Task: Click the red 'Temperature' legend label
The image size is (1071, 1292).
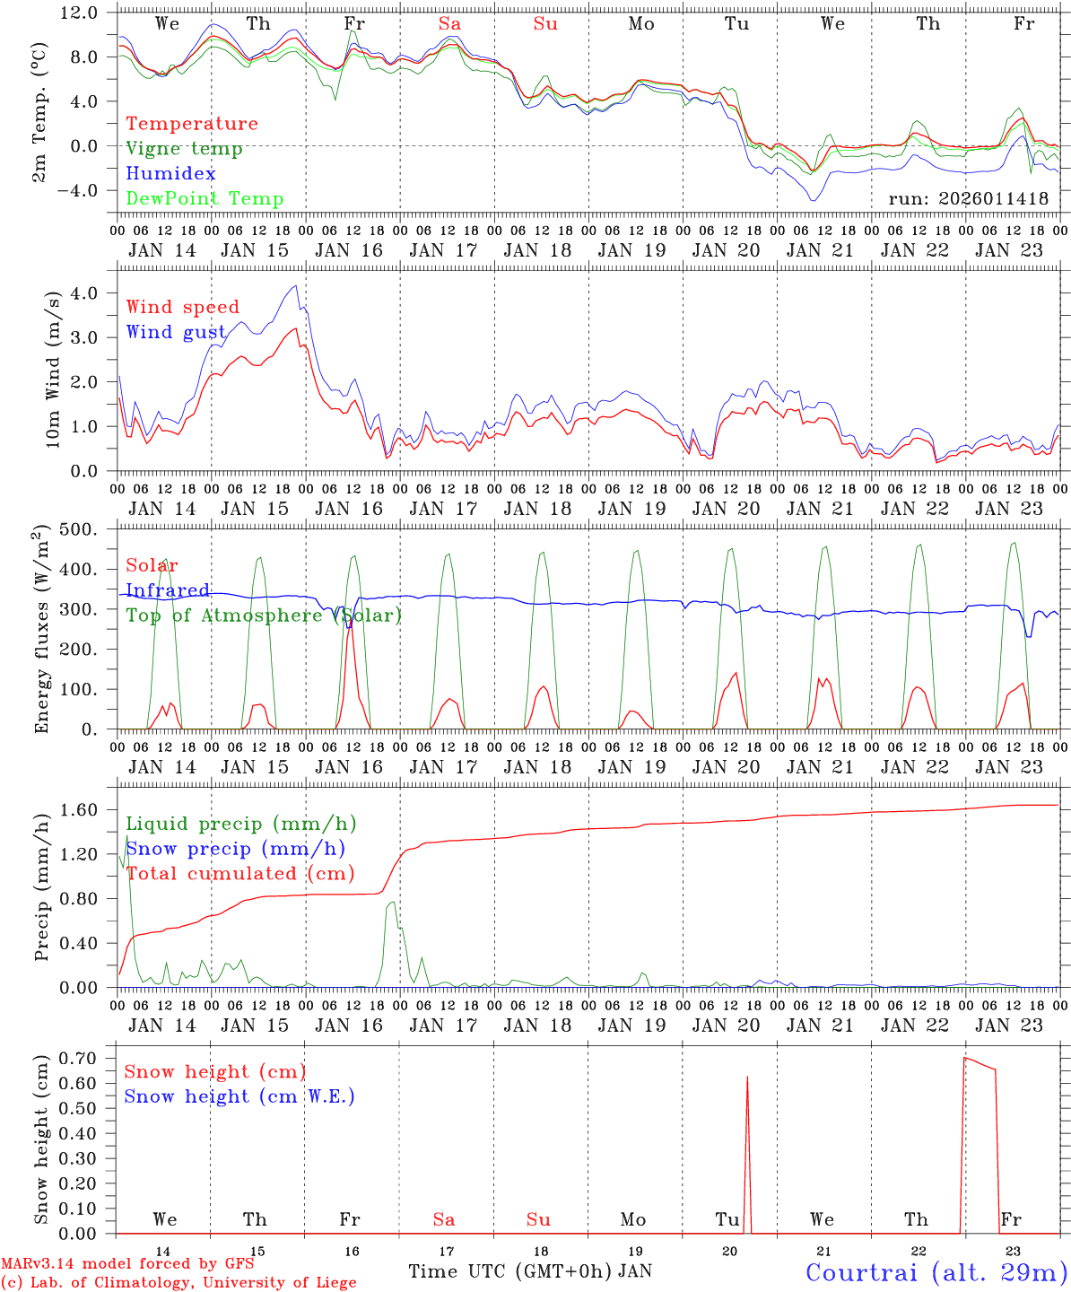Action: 192,124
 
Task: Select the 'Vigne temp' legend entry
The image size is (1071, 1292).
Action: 184,149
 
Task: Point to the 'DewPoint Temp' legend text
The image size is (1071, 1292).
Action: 205,199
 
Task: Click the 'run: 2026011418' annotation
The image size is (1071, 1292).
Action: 968,199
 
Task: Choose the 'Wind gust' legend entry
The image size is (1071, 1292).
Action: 176,333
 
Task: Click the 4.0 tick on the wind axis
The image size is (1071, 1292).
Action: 94,293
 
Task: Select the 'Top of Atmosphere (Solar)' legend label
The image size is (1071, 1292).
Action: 263,615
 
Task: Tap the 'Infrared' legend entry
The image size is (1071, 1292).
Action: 168,590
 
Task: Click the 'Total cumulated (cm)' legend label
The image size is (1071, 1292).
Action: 239,874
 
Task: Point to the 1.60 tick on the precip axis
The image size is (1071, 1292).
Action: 90,810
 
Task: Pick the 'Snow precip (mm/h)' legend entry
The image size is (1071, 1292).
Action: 235,849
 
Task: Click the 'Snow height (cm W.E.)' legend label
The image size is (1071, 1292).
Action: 239,1096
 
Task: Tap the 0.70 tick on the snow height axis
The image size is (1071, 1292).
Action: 90,1059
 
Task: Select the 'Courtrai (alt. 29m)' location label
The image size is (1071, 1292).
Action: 936,1272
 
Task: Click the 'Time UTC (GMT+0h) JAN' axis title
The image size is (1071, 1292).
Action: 529,1271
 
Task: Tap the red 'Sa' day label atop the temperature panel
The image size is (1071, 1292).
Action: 449,24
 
